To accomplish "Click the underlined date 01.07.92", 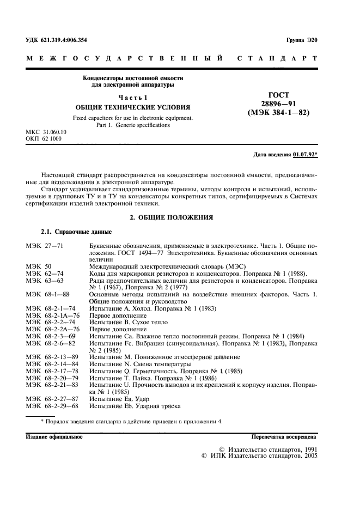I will (x=304, y=154).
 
